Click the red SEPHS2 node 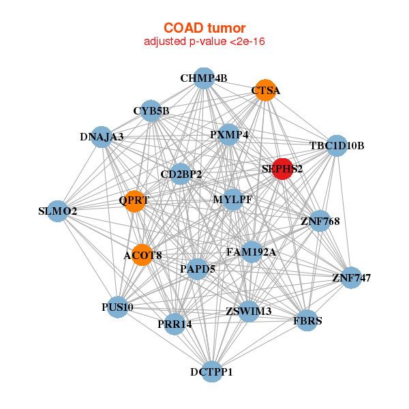point(282,168)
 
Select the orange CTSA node point(266,90)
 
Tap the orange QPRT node point(134,200)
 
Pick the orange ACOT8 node point(143,256)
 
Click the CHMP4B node point(204,78)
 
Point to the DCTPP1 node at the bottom point(212,372)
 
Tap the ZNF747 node point(351,277)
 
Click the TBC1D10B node point(337,146)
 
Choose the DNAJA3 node point(102,137)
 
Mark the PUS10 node point(118,307)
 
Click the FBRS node point(308,320)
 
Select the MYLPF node point(233,200)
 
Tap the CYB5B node point(151,110)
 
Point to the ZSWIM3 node point(249,312)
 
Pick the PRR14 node point(175,324)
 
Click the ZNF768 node point(320,221)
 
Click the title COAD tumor point(204,28)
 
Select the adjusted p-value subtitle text point(204,42)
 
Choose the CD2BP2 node point(181,175)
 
